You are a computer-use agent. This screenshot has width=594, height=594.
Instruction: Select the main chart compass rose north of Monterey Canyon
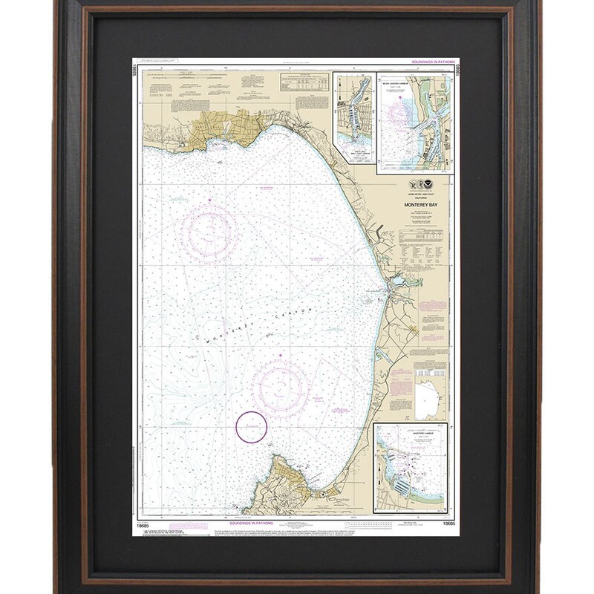[x=209, y=229]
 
